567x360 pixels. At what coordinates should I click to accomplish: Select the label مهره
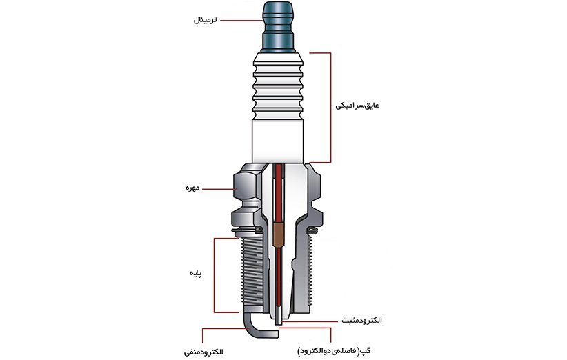189,188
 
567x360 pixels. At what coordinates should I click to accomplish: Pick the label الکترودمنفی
203,352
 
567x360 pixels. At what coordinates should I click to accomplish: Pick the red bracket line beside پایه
215,274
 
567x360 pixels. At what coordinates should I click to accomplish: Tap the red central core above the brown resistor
278,193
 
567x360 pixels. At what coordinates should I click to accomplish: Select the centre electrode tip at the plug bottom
279,319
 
